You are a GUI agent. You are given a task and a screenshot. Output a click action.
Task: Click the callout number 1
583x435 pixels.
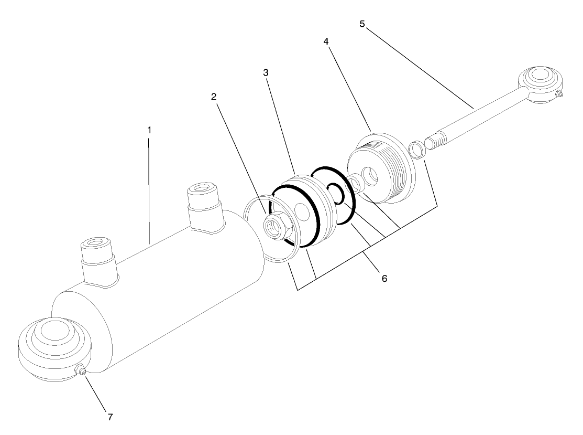149,129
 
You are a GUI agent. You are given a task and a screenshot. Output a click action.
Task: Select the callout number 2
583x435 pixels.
214,97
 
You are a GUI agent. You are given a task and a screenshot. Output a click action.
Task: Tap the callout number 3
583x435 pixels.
266,73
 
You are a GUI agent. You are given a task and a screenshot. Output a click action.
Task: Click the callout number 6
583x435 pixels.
384,279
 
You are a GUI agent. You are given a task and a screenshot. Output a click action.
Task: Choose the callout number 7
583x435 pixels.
110,417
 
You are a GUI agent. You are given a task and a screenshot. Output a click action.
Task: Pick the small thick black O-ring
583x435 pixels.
334,192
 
